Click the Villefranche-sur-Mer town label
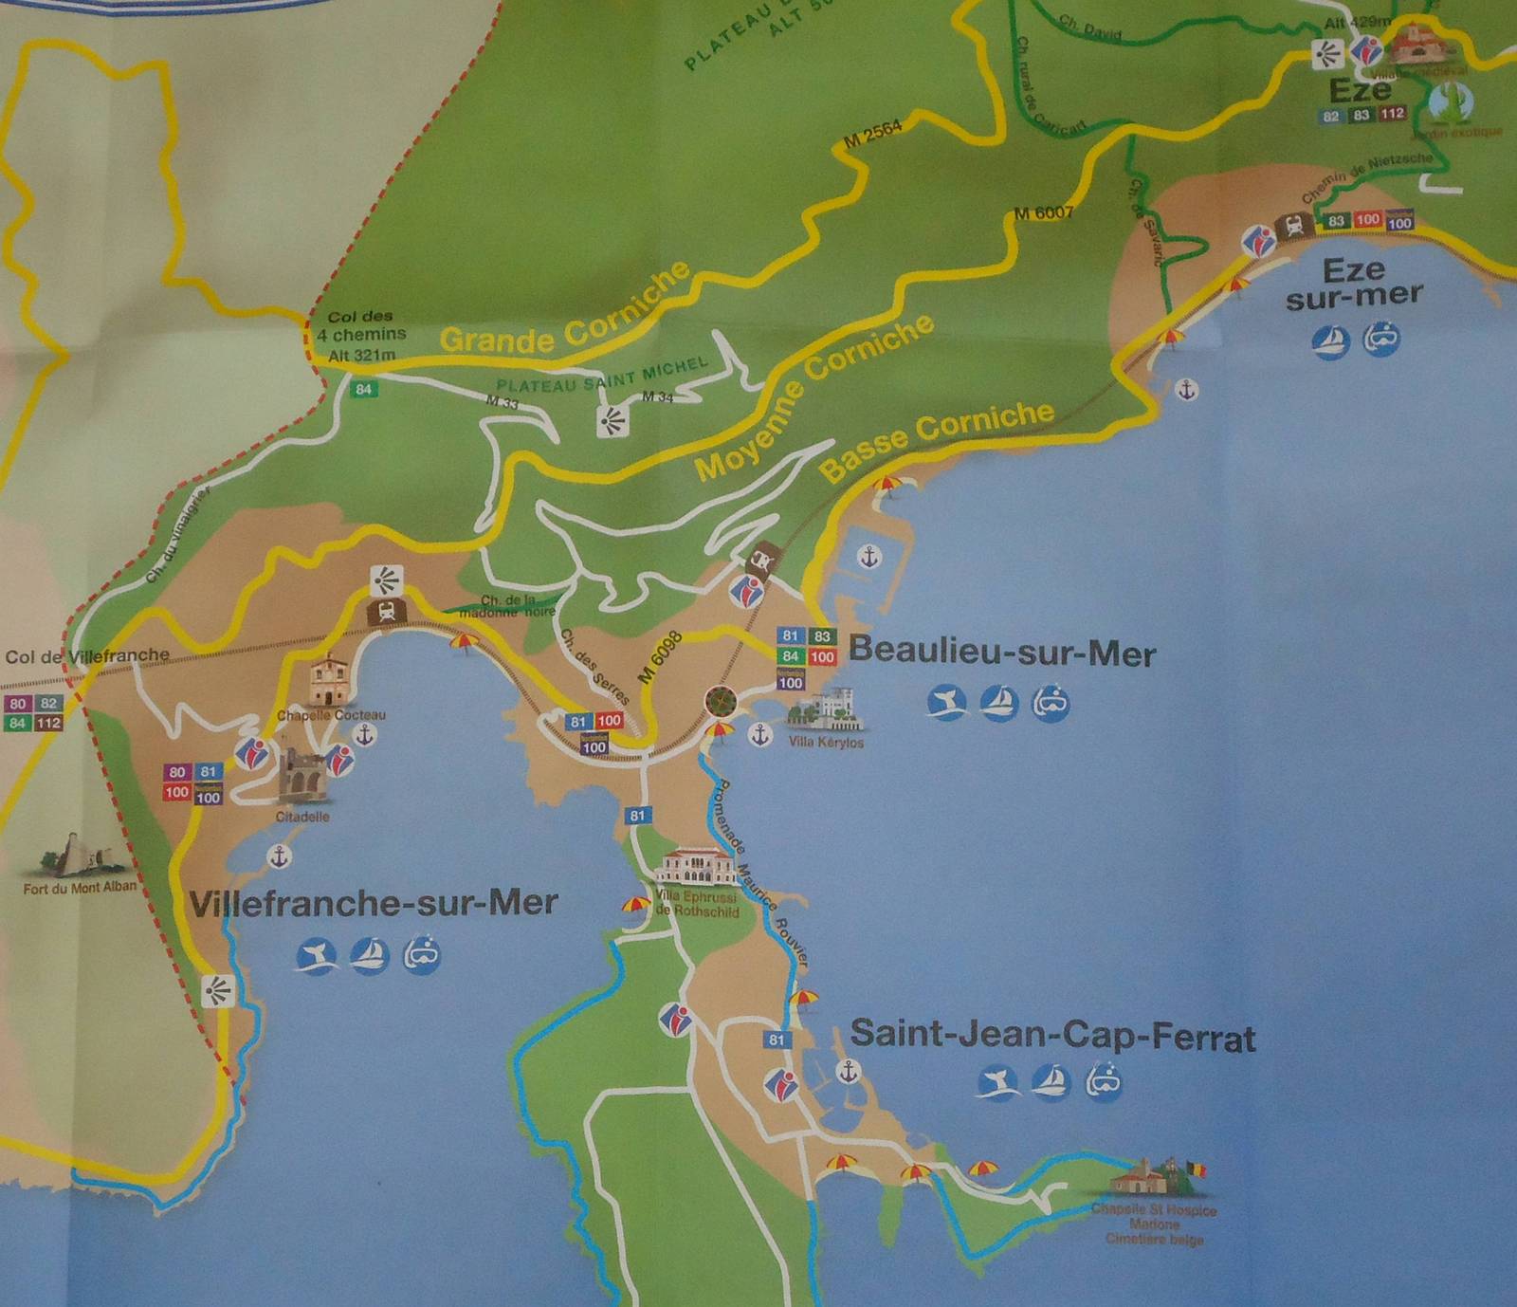coord(374,903)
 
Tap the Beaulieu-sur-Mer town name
coord(1002,653)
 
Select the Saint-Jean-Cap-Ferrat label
coord(1052,1035)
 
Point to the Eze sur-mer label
coord(1354,283)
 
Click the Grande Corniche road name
coord(566,312)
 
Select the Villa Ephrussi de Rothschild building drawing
coord(698,867)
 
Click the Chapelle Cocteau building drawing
coord(329,681)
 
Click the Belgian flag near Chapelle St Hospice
coord(1197,1169)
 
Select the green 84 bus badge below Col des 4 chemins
coord(364,389)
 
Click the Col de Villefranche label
coord(87,655)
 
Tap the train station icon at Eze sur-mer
coord(1293,226)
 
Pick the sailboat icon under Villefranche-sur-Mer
coord(369,955)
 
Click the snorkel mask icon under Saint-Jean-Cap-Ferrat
coord(1104,1080)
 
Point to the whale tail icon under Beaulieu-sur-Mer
coord(947,703)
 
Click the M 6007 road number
coord(1043,213)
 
